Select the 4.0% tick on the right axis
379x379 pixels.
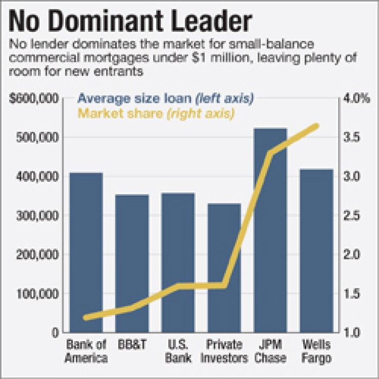(357, 99)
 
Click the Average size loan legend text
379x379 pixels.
(165, 98)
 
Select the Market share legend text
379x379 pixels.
(156, 113)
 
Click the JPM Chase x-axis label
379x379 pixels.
(270, 350)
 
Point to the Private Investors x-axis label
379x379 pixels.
(224, 350)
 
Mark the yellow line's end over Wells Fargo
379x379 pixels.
(317, 126)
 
